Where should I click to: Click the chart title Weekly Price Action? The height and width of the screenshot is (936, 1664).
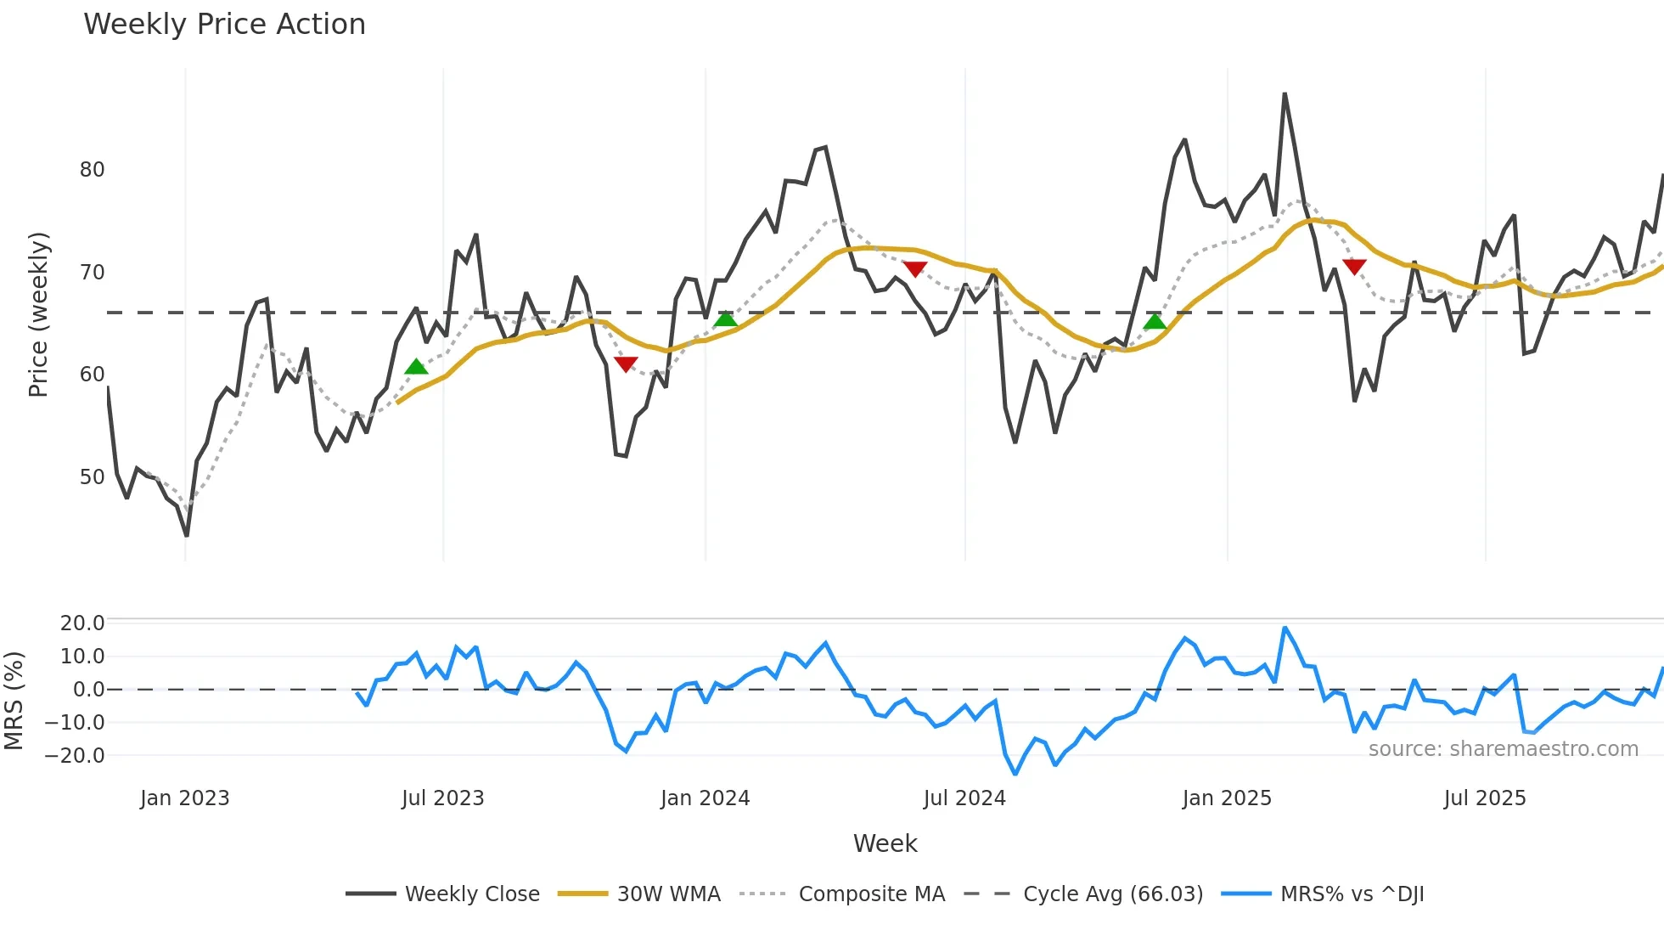click(224, 25)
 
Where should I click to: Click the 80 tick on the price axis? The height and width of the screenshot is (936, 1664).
click(92, 170)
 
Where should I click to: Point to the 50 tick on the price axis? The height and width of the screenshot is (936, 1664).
click(92, 477)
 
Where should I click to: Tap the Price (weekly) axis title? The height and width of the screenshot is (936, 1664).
click(38, 314)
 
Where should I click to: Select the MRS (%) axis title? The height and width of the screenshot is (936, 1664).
click(14, 701)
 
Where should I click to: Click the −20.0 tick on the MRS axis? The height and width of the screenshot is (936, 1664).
click(82, 756)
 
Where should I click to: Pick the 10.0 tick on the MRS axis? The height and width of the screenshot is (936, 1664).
click(82, 657)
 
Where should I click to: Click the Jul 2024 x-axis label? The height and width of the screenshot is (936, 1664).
click(964, 798)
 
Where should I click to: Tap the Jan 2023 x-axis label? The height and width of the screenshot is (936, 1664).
click(184, 798)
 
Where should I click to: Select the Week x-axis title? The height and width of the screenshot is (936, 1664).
click(885, 843)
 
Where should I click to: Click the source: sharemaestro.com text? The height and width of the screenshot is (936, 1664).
click(1503, 749)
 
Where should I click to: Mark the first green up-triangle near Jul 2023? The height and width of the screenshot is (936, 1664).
click(416, 367)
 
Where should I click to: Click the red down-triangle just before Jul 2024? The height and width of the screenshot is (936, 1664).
click(914, 268)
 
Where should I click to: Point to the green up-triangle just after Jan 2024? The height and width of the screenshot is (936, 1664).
click(726, 319)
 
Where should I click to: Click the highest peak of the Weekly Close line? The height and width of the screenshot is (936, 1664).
click(1285, 94)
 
